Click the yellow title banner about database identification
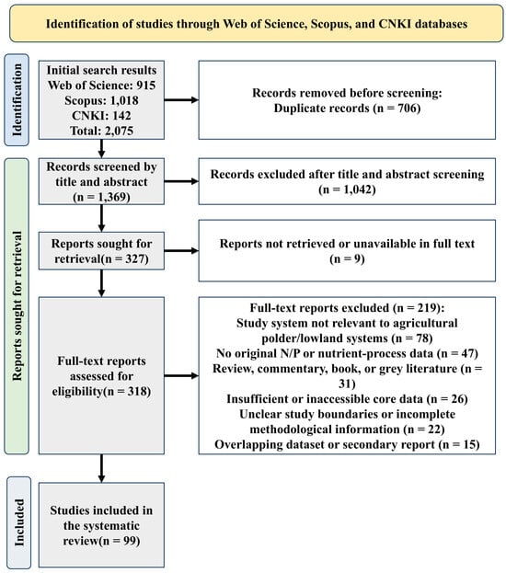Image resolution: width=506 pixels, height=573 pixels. coord(257,23)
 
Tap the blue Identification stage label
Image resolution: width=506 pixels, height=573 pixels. coord(17,99)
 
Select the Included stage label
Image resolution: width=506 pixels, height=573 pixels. coord(18,522)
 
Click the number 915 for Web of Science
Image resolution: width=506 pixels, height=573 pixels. coord(146,86)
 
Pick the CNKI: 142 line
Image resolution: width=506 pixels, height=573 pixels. coord(101,116)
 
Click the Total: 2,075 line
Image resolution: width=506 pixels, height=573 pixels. coord(101,131)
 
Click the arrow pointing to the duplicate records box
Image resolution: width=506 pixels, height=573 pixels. coord(181,99)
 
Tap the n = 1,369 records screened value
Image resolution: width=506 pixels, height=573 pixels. coord(101,197)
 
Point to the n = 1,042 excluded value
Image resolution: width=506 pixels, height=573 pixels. coord(347,189)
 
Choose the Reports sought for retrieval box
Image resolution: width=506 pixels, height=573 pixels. coord(101,251)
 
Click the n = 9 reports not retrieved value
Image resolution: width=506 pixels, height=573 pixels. coord(347,258)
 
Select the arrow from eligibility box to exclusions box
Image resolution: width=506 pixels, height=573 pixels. coord(181,375)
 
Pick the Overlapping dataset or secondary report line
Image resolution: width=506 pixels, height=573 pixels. coord(347,444)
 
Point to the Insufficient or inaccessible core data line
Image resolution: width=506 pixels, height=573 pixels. coord(347,398)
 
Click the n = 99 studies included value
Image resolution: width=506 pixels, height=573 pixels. coord(121,541)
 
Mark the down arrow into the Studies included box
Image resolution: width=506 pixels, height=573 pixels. coord(101,468)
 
